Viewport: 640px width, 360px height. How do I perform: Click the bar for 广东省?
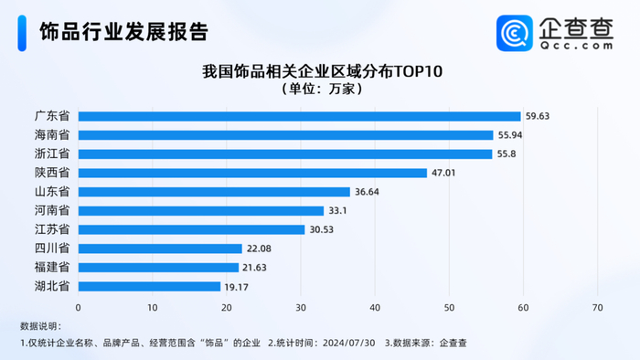299,116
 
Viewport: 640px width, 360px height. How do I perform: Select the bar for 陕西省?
252,173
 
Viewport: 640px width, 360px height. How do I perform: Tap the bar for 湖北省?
149,286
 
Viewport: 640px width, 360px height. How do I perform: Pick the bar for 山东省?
214,192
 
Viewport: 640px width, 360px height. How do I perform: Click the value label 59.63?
537,116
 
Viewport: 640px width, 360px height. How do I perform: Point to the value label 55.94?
509,135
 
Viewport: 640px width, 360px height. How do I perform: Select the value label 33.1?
339,211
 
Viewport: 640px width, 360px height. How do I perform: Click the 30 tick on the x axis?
301,307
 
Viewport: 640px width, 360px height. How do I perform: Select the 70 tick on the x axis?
598,307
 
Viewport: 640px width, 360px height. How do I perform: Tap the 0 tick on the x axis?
79,307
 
